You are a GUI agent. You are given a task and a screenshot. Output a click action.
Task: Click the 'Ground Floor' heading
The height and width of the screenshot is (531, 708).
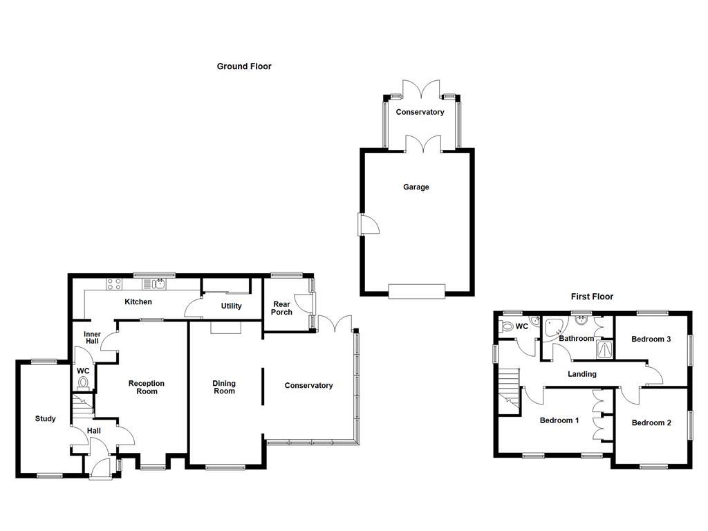pos(244,66)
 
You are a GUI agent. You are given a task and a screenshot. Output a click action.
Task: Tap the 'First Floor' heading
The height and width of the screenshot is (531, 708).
pos(592,297)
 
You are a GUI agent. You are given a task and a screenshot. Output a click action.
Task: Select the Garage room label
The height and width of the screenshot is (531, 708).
pos(416,187)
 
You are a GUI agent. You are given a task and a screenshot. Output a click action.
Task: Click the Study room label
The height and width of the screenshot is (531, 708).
pos(46,418)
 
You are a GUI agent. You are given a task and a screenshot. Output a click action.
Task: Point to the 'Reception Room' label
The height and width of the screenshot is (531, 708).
pos(147,387)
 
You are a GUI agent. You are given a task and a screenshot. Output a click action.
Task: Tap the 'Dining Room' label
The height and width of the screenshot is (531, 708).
pos(224,387)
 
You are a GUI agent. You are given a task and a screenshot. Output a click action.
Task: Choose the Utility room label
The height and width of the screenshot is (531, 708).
pos(231,306)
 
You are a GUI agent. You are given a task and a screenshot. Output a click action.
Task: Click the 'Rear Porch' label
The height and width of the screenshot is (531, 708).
pos(281,308)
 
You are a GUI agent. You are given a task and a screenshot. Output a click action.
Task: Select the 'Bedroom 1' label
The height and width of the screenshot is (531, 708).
pos(559,420)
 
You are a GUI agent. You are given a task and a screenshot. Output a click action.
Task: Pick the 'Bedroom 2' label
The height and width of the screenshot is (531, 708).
pos(651,423)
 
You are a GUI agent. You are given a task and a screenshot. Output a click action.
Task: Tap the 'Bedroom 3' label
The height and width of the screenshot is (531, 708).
pos(651,339)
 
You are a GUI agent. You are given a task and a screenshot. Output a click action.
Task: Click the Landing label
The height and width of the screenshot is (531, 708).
pos(582,374)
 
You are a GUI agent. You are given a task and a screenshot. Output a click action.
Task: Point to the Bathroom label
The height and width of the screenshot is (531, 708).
pos(577,339)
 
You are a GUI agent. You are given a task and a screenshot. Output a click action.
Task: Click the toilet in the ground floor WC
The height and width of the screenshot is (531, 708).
pos(84,382)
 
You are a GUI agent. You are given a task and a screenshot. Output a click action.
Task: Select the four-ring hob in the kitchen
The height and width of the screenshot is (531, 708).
pos(114,283)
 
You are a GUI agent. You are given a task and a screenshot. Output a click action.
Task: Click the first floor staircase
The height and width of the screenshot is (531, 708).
pos(509,387)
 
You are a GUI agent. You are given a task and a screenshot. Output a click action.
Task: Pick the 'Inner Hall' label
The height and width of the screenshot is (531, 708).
pos(92,337)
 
